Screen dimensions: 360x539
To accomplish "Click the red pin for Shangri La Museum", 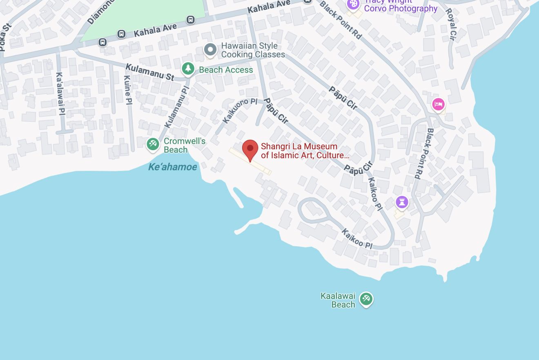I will click(x=250, y=150).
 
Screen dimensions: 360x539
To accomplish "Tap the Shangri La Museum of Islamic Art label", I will click(x=305, y=151).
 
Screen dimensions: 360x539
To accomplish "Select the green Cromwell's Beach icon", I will click(x=153, y=144).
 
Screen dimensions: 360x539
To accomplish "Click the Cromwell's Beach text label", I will click(x=184, y=145).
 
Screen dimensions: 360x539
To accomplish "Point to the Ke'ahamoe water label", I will click(x=172, y=167).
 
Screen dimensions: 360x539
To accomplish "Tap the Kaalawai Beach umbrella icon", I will click(x=366, y=299).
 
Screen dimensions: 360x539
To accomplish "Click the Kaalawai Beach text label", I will click(x=338, y=300).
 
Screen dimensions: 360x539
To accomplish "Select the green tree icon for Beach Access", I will click(x=188, y=69).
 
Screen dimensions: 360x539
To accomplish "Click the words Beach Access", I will click(x=226, y=70).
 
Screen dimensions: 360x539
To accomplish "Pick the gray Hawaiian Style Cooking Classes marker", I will click(x=210, y=50).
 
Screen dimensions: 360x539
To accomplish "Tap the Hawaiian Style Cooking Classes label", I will click(x=253, y=50).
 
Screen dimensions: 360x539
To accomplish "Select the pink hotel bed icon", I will click(x=438, y=104).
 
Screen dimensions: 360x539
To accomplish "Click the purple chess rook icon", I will click(x=402, y=202).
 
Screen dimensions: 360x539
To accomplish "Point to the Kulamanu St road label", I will click(x=150, y=72).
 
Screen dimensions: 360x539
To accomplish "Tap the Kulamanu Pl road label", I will click(x=177, y=107).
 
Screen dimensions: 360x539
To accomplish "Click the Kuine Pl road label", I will click(x=128, y=90).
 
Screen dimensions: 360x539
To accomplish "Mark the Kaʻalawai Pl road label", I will click(x=60, y=93).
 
